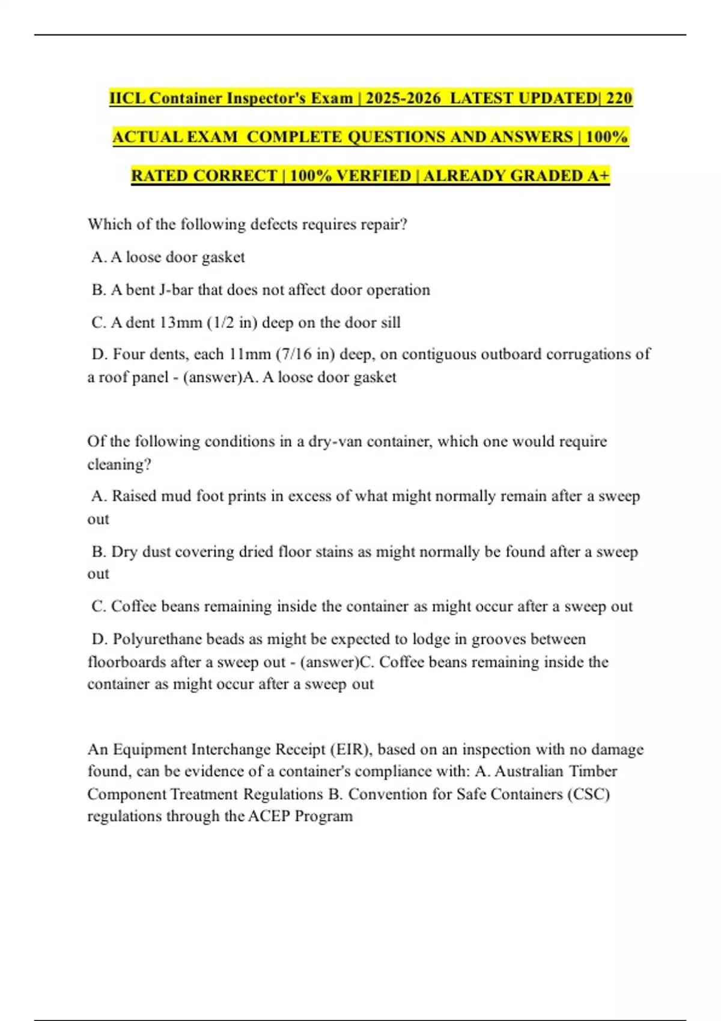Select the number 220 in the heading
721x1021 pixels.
coord(619,98)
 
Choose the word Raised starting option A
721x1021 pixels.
coord(134,496)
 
